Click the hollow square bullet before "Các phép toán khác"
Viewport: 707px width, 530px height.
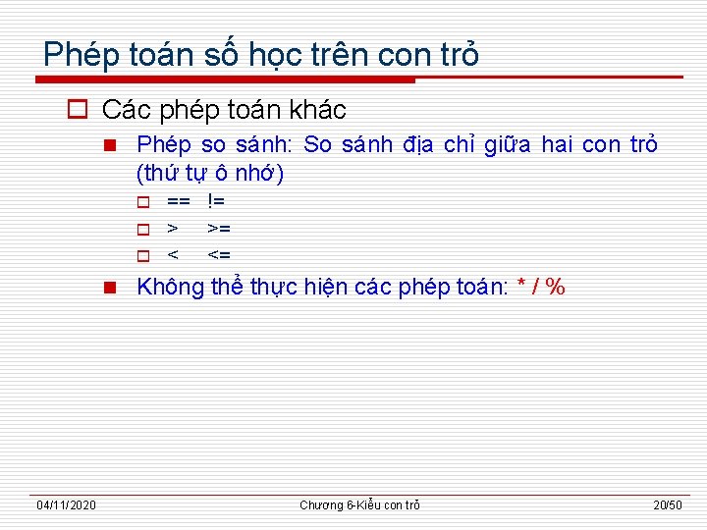80,109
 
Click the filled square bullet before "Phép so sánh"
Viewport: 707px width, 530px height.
110,146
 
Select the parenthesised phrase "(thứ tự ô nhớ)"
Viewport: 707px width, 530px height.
210,174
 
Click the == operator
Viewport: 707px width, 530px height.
178,201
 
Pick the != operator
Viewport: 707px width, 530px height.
216,201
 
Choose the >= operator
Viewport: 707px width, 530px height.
218,229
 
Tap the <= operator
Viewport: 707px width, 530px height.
218,255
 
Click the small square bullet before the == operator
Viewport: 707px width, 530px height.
142,202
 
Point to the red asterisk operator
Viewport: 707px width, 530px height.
520,288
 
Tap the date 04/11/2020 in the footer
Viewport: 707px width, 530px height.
66,504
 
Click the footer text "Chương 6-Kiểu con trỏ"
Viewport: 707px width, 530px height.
359,504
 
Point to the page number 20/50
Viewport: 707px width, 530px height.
668,504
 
